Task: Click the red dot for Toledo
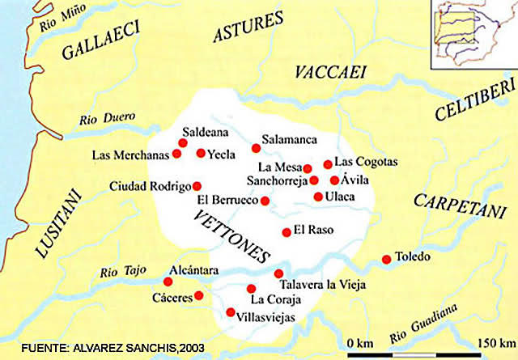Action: (386, 260)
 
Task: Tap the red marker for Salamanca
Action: (256, 148)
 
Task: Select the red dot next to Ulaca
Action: (318, 197)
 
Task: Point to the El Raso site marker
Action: (287, 232)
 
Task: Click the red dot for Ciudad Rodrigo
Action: (197, 185)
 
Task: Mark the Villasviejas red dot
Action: (231, 312)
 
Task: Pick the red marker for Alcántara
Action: (168, 282)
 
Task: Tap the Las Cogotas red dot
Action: (328, 164)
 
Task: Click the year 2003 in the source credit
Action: (193, 348)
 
